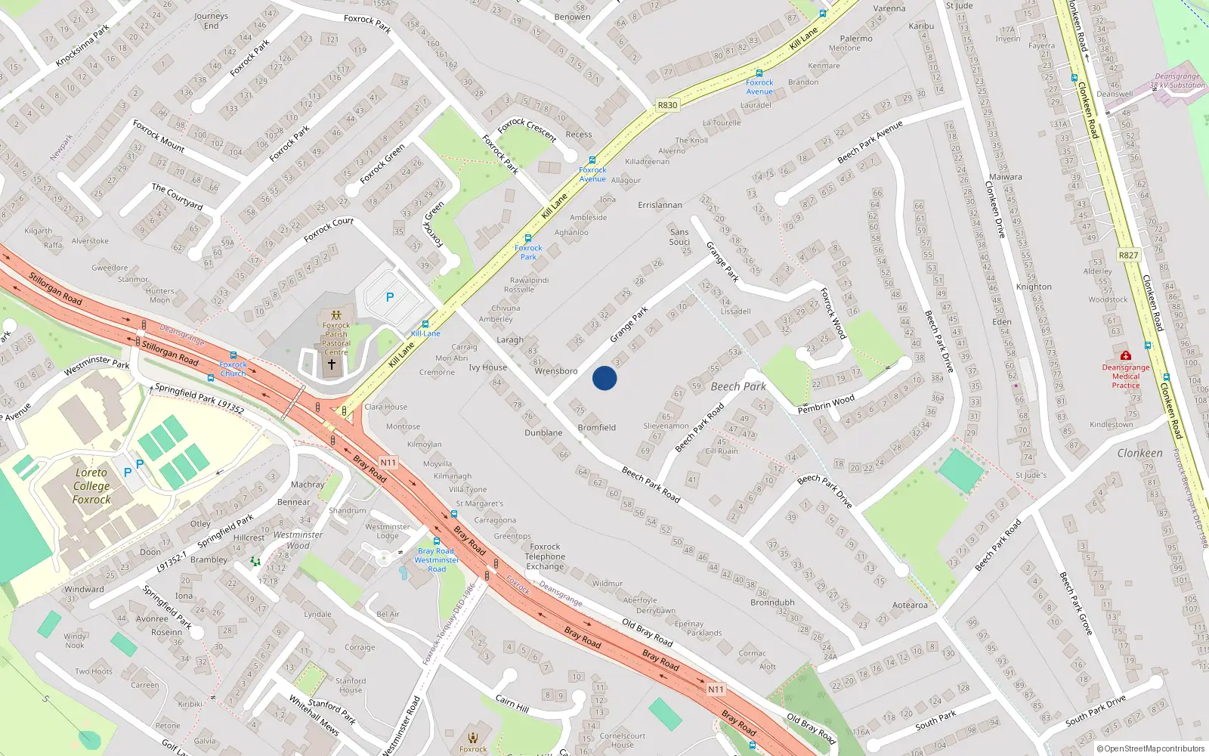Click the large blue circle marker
pyautogui.click(x=604, y=378)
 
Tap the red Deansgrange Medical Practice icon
pyautogui.click(x=1126, y=355)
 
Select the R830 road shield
pyautogui.click(x=667, y=105)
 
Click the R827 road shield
pyautogui.click(x=1128, y=256)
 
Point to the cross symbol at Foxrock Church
pyautogui.click(x=331, y=364)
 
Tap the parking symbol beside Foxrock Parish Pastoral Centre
pyautogui.click(x=390, y=298)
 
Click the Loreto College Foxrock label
pyautogui.click(x=91, y=486)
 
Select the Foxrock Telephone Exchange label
pyautogui.click(x=545, y=556)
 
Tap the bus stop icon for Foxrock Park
pyautogui.click(x=528, y=239)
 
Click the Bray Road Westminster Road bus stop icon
pyautogui.click(x=437, y=541)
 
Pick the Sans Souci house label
pyautogui.click(x=679, y=237)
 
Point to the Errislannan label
pyautogui.click(x=660, y=205)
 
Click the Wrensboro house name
pyautogui.click(x=555, y=371)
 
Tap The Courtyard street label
pyautogui.click(x=177, y=196)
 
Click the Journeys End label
pyautogui.click(x=211, y=20)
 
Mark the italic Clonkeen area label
pyautogui.click(x=1139, y=453)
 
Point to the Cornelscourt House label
pyautogui.click(x=623, y=740)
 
